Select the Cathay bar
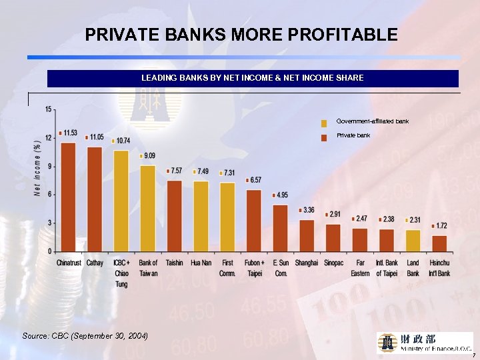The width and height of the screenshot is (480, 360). click(95, 199)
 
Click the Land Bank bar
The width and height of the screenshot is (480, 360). click(413, 241)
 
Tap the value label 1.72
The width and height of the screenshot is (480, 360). click(441, 226)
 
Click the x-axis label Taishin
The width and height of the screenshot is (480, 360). click(174, 263)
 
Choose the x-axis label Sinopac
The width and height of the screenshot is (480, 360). click(333, 263)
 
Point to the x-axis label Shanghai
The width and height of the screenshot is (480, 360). click(306, 263)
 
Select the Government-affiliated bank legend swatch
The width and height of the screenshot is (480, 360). click(324, 123)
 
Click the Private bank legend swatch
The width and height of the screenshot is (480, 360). click(324, 137)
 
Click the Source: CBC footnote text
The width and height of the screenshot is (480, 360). click(85, 335)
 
